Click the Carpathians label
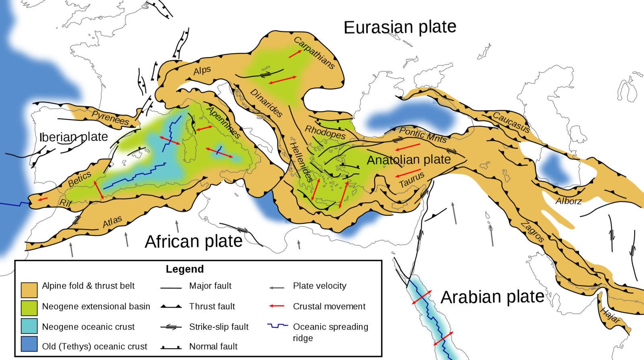tap(314, 53)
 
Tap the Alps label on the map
tap(202, 71)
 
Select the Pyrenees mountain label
tap(110, 118)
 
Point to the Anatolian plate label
tap(409, 160)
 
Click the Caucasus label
tap(511, 122)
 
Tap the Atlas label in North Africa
tap(112, 221)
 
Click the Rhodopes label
tap(325, 132)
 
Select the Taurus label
tap(411, 180)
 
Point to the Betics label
tap(79, 179)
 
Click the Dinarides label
tap(266, 103)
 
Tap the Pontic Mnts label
tap(423, 134)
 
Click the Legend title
tap(185, 269)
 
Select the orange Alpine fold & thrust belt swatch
tap(29, 290)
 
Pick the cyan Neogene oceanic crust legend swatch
tap(29, 326)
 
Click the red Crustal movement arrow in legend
tap(277, 306)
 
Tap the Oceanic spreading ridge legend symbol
tap(278, 326)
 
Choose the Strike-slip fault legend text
tap(219, 327)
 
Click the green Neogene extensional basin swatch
tap(29, 308)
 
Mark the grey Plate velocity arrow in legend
tap(277, 288)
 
